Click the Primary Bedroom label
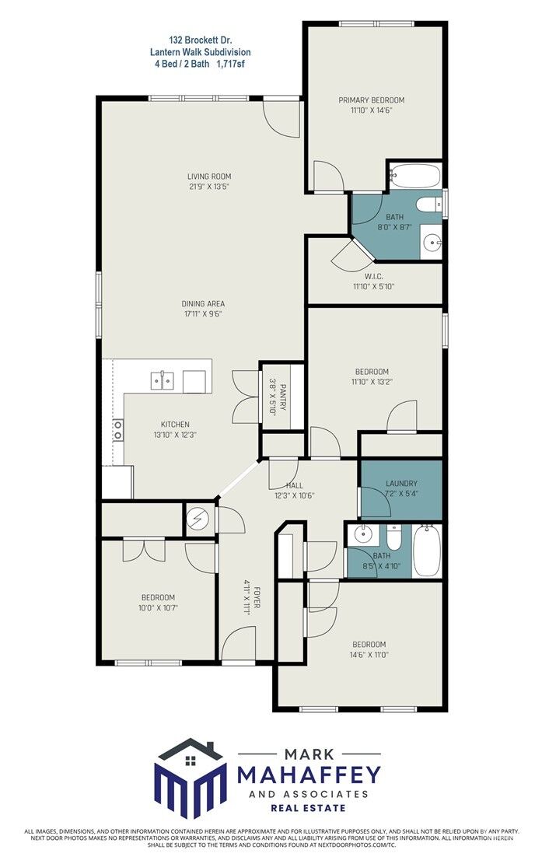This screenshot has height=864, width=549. [x=371, y=100]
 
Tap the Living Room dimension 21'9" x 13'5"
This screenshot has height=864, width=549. [x=208, y=187]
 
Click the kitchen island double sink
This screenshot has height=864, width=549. [x=162, y=380]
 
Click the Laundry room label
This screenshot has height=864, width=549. [x=401, y=484]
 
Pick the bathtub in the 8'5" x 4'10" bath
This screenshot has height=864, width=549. [x=426, y=551]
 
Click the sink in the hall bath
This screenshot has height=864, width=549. [x=361, y=534]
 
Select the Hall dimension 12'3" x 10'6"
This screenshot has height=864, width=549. [x=295, y=495]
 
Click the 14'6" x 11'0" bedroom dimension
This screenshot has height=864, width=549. [x=369, y=655]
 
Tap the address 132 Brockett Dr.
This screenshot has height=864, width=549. [x=201, y=38]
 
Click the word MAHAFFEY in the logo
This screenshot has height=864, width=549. [x=309, y=774]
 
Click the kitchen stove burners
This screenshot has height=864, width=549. [x=118, y=429]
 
